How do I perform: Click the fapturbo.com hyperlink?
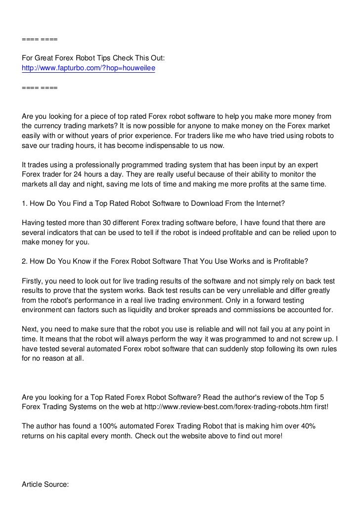(89, 68)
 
